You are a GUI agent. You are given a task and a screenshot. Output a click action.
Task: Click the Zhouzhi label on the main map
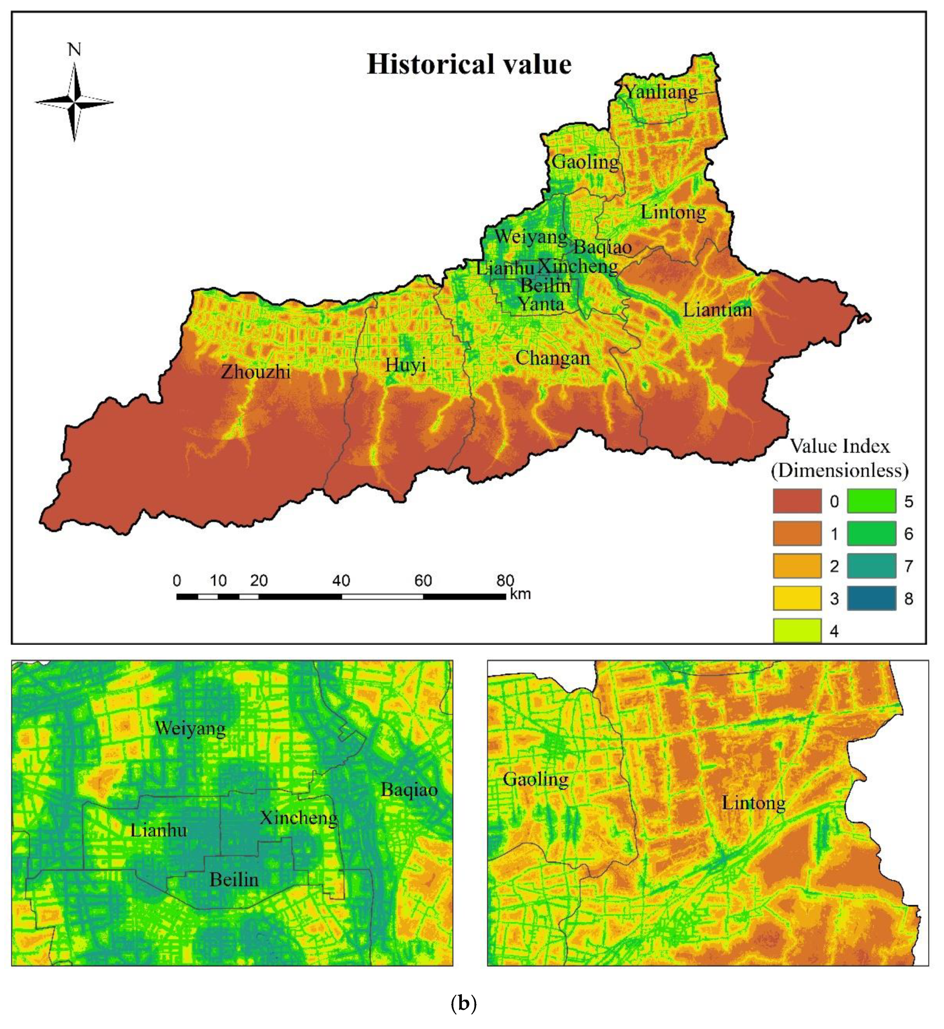(x=256, y=372)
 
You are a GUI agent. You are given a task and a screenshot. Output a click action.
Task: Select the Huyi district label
(x=405, y=365)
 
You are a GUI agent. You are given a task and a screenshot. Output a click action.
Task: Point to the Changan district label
(x=552, y=358)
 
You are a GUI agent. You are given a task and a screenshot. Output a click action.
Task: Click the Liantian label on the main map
(x=717, y=310)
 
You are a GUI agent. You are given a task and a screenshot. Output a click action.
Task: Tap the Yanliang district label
(x=661, y=92)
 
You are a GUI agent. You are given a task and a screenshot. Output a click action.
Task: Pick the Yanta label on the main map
(x=541, y=304)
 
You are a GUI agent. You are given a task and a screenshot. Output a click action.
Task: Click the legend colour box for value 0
(x=796, y=501)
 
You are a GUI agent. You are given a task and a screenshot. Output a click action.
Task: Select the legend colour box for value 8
(x=871, y=598)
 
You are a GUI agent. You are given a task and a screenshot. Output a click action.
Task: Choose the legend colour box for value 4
(x=796, y=630)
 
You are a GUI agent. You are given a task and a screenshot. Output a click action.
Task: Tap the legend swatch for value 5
(x=871, y=501)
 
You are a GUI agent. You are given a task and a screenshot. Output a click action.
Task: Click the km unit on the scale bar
(x=520, y=594)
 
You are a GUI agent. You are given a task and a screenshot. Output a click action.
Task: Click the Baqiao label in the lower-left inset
(x=409, y=790)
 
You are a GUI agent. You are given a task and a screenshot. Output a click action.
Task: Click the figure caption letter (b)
(x=464, y=1003)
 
